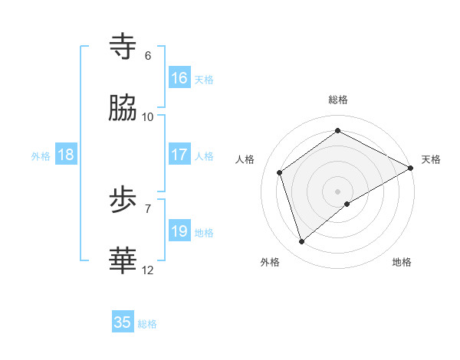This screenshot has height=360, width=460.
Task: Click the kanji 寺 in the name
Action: point(123,47)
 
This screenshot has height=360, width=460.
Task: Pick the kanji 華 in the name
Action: point(123,261)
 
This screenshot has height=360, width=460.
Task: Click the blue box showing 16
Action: point(179,78)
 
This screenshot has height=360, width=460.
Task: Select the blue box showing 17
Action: point(179,155)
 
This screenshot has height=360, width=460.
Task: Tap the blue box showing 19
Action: point(179,231)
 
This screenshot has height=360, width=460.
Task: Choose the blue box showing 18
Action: point(66,155)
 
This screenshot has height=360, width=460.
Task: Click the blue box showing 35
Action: point(123,322)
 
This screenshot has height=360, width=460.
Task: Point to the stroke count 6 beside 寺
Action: point(148,56)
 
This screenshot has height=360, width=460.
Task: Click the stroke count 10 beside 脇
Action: point(148,117)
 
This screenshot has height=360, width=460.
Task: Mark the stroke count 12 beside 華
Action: point(148,270)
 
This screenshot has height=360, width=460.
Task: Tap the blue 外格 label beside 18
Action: point(41,156)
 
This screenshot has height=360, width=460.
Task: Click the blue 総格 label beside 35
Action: point(147,324)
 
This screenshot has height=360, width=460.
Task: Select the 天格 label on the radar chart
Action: point(431,159)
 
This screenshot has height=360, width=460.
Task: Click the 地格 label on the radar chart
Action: point(402,262)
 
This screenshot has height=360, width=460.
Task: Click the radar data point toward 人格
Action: point(280,172)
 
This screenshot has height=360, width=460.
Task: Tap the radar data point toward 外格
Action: point(301,242)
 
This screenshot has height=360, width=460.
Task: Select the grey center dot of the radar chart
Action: point(338,191)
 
